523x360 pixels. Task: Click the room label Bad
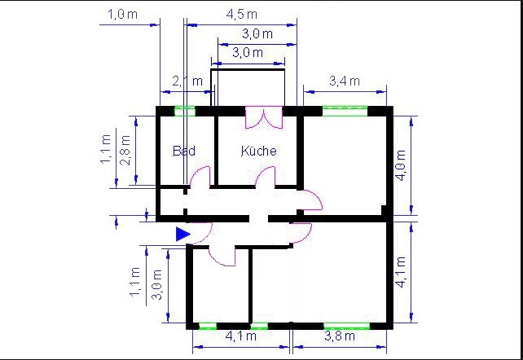[x=184, y=151]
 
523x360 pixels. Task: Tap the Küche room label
[x=259, y=151]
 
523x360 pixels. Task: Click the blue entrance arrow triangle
[x=182, y=234]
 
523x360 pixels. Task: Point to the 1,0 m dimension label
[x=122, y=15]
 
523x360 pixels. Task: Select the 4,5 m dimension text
[x=242, y=15]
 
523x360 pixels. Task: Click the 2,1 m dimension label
[x=187, y=81]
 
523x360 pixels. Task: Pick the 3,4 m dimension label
[x=345, y=81]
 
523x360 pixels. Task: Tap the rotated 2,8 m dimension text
[x=126, y=151]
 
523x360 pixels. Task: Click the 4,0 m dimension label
[x=401, y=165]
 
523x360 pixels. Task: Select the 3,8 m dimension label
[x=340, y=336]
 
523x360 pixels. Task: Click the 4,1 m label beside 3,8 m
[x=241, y=336]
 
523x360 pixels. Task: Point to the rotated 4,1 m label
[x=401, y=272]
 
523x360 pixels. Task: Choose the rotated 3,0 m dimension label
[x=157, y=285]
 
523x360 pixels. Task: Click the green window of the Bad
[x=185, y=111]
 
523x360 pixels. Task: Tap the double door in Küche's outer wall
[x=264, y=117]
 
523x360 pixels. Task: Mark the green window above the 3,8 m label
[x=346, y=326]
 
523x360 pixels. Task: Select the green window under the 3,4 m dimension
[x=345, y=111]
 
